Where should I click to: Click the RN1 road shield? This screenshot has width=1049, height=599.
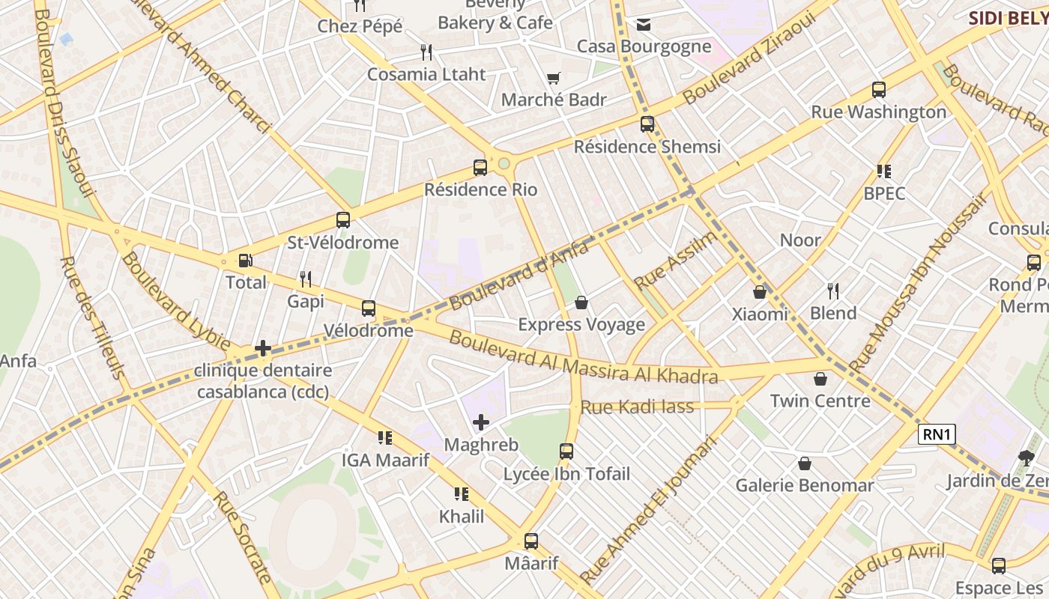pyautogui.click(x=937, y=434)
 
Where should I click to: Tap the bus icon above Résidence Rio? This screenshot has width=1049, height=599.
pyautogui.click(x=480, y=168)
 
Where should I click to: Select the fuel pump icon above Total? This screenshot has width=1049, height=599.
pyautogui.click(x=245, y=261)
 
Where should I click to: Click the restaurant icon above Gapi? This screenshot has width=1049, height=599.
pyautogui.click(x=306, y=279)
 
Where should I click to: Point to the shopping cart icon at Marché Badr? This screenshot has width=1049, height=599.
pyautogui.click(x=554, y=78)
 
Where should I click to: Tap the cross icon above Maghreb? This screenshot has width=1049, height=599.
pyautogui.click(x=481, y=423)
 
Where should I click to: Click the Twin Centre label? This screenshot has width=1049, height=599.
pyautogui.click(x=820, y=401)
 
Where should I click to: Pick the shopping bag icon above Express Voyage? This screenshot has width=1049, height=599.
pyautogui.click(x=581, y=302)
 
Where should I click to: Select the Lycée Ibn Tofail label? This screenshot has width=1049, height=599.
pyautogui.click(x=566, y=474)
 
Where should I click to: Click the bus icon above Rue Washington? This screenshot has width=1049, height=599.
pyautogui.click(x=879, y=90)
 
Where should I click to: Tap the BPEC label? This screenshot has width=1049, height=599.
pyautogui.click(x=884, y=193)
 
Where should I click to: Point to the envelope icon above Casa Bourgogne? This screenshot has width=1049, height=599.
pyautogui.click(x=644, y=25)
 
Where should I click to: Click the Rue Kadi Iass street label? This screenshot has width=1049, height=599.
pyautogui.click(x=638, y=407)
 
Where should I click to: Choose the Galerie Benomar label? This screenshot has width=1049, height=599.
pyautogui.click(x=805, y=485)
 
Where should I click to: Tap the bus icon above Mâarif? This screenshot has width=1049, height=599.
pyautogui.click(x=531, y=541)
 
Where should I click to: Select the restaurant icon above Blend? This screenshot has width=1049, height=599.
pyautogui.click(x=833, y=291)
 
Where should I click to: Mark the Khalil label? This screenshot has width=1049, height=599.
pyautogui.click(x=462, y=516)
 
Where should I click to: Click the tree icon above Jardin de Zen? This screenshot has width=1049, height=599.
pyautogui.click(x=1026, y=458)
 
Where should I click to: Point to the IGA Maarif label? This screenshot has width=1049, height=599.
pyautogui.click(x=385, y=460)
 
